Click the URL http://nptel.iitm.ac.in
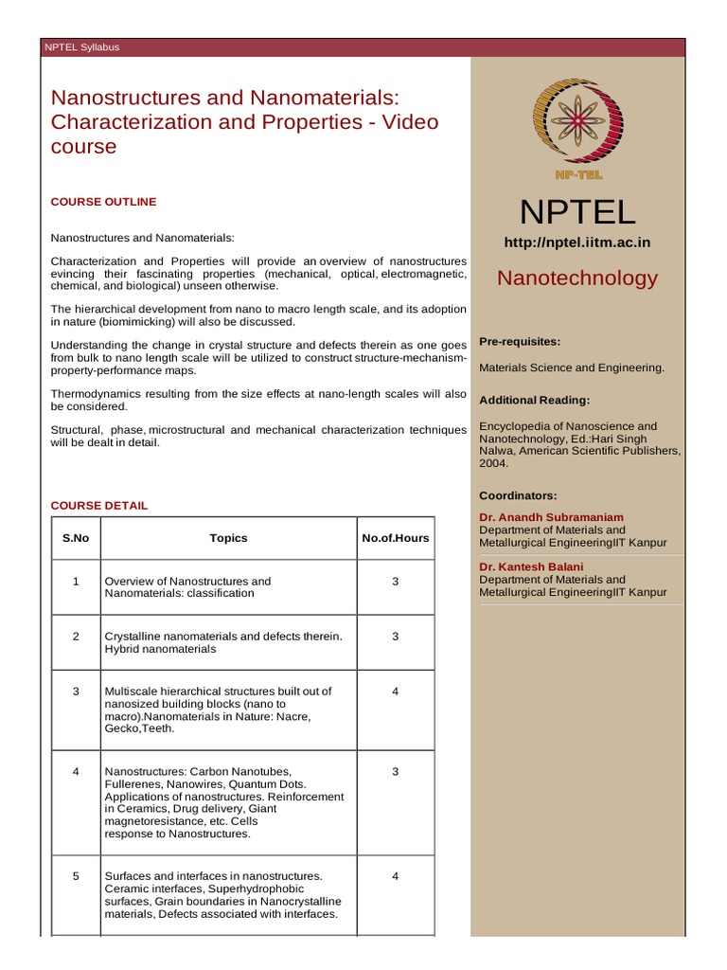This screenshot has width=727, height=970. click(x=577, y=242)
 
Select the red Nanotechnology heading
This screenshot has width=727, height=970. click(x=577, y=278)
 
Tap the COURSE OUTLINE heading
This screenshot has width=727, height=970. click(x=103, y=202)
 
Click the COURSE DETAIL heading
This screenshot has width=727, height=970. click(x=99, y=506)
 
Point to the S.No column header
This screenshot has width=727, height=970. click(x=76, y=538)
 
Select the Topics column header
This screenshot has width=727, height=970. click(x=228, y=538)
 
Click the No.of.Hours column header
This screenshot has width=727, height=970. click(x=396, y=538)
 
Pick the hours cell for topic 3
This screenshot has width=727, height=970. click(x=396, y=692)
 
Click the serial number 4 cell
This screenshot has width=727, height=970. click(x=76, y=772)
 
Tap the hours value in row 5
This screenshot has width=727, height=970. click(x=396, y=876)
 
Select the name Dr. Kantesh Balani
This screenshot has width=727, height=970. click(x=531, y=566)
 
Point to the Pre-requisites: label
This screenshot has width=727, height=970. click(x=520, y=341)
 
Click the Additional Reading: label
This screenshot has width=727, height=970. click(x=534, y=401)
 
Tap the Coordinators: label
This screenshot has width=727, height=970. click(x=518, y=495)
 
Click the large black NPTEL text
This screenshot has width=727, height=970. click(x=577, y=212)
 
